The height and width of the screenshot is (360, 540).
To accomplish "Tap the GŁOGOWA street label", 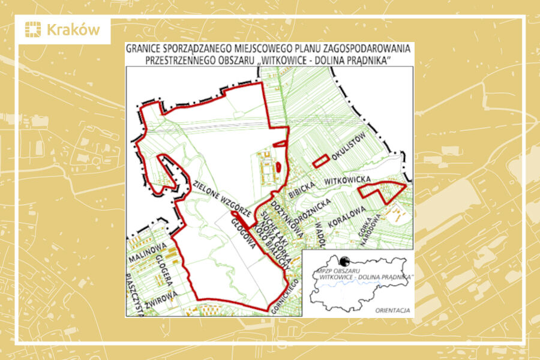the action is click(x=245, y=230).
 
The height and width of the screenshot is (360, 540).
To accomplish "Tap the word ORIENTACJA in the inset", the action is click(x=392, y=310).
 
